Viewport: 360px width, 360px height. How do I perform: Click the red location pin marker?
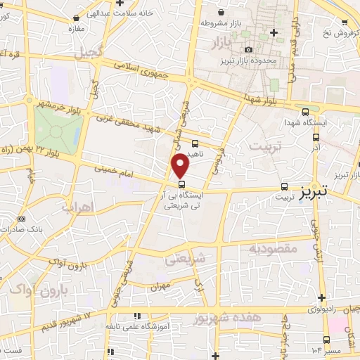(x=181, y=165)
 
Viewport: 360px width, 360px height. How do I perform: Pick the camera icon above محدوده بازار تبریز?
(x=248, y=49)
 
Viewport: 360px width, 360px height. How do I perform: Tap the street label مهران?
(x=161, y=287)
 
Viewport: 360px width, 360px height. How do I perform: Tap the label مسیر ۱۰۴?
(x=327, y=349)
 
